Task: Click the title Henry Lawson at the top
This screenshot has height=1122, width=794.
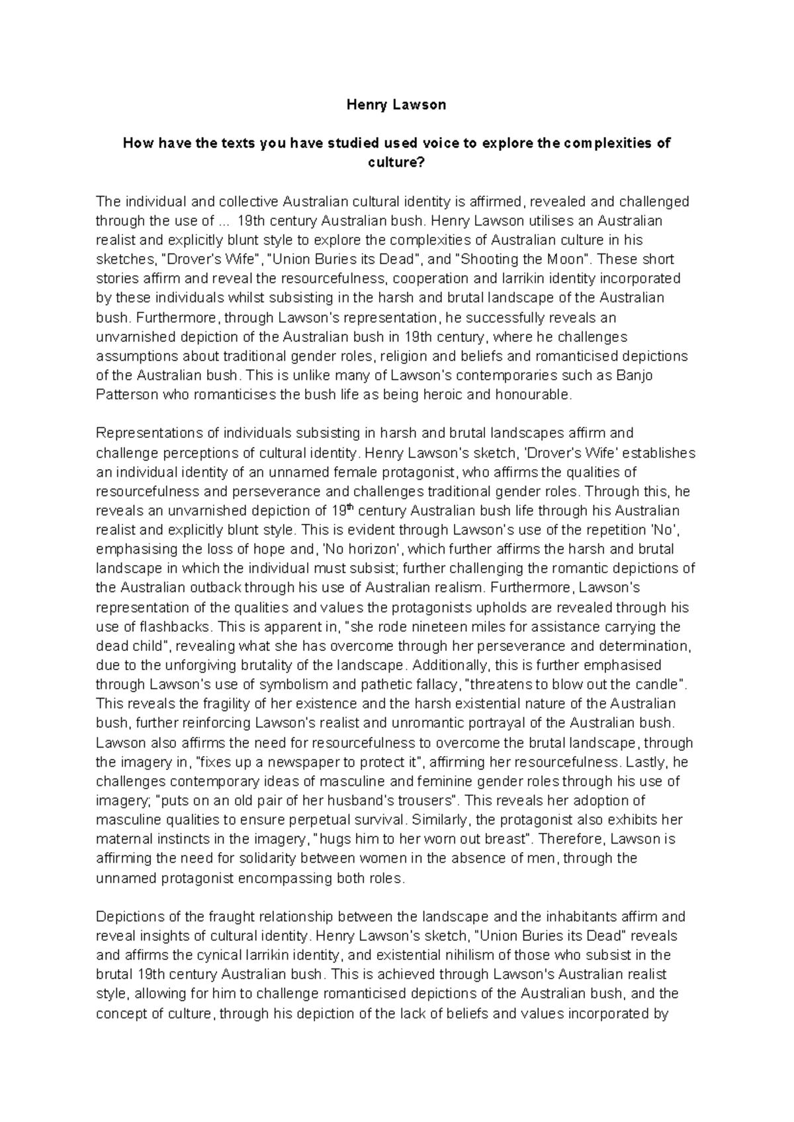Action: pyautogui.click(x=397, y=105)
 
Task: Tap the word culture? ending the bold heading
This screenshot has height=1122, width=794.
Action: pyautogui.click(x=396, y=163)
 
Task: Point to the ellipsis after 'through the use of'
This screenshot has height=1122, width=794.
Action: pyautogui.click(x=224, y=221)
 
